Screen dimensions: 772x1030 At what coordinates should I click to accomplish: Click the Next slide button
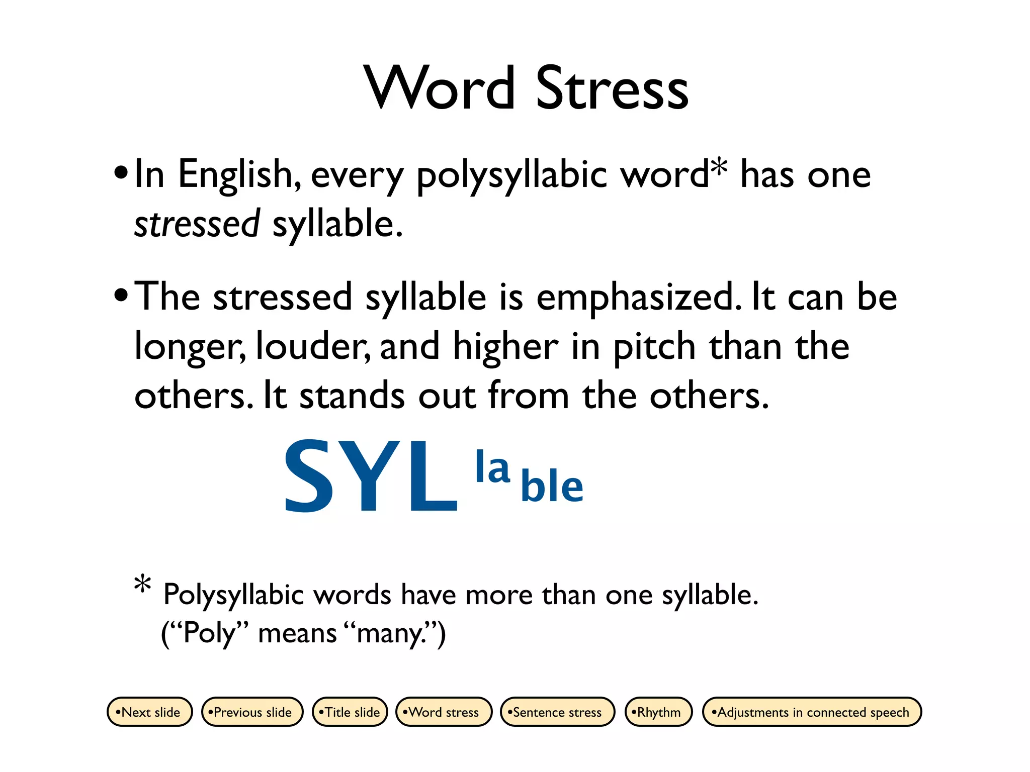(150, 712)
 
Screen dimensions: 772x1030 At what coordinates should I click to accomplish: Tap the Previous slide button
(252, 712)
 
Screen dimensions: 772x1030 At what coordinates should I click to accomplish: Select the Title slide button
(350, 712)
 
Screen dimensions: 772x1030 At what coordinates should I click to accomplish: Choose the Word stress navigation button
(444, 712)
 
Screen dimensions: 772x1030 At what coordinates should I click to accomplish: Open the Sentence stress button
(557, 712)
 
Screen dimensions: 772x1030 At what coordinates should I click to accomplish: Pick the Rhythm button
(658, 712)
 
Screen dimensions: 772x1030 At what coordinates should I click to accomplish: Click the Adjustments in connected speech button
(812, 712)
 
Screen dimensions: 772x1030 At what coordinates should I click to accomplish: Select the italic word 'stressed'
(197, 224)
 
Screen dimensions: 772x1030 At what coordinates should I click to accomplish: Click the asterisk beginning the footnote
(143, 585)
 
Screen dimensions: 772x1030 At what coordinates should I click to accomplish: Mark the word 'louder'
(313, 347)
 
